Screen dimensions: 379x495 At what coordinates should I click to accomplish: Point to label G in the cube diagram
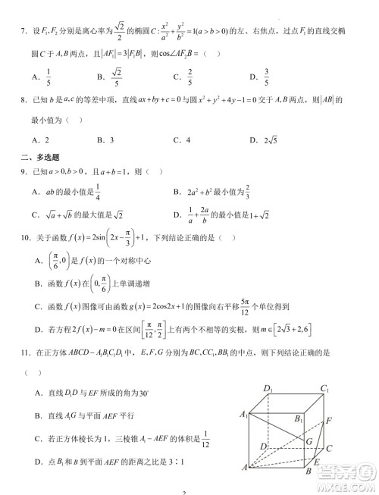[x=309, y=440]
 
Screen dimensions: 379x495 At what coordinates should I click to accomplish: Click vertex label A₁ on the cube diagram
[x=243, y=414]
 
